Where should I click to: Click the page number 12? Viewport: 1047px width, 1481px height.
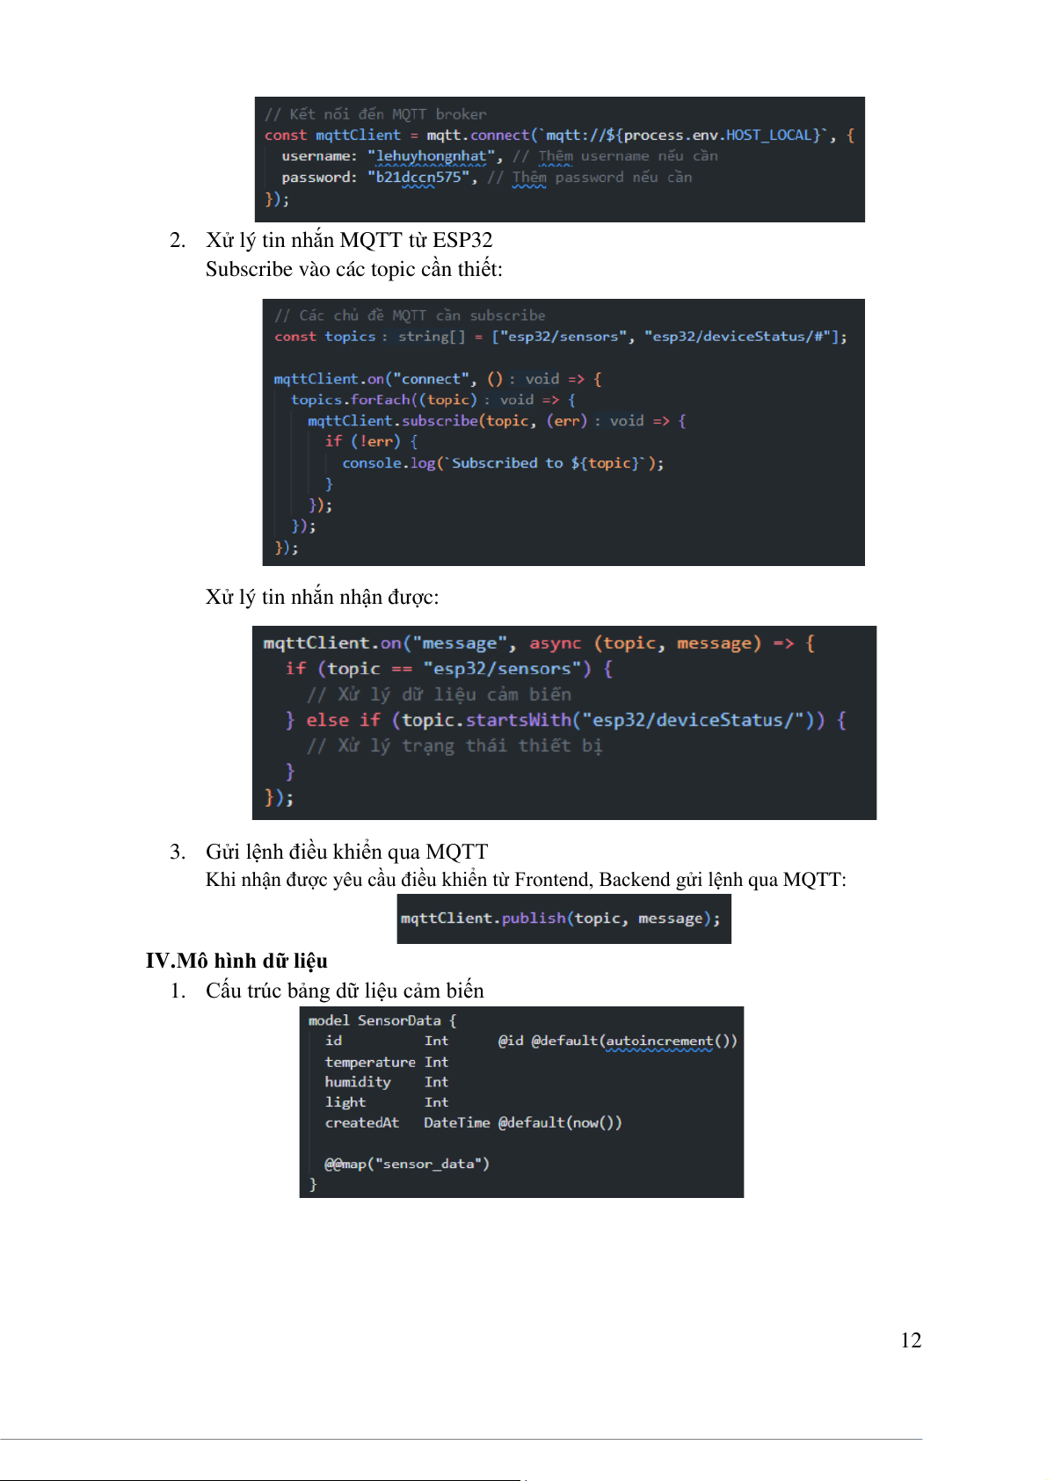click(x=911, y=1339)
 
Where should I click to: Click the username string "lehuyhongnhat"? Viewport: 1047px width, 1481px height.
click(x=431, y=156)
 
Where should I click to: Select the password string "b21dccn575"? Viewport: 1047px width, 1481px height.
click(x=418, y=178)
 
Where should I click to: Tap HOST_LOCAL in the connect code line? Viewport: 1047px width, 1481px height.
click(x=768, y=134)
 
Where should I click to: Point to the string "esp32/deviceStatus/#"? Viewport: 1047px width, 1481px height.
click(x=741, y=337)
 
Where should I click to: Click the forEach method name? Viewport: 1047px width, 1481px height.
click(x=381, y=399)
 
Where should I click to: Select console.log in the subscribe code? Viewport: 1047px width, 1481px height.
click(x=389, y=463)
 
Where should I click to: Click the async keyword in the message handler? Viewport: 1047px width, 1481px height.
click(x=555, y=643)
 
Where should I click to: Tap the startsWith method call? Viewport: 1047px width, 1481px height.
click(x=518, y=720)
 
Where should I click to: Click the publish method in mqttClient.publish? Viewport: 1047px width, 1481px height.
click(x=534, y=918)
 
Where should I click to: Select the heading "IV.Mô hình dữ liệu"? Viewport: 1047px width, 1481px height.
click(x=236, y=960)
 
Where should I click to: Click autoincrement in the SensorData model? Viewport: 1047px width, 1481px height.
click(x=659, y=1041)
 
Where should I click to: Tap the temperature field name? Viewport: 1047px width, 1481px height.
click(x=370, y=1062)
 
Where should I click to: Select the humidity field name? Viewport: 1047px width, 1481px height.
click(x=358, y=1082)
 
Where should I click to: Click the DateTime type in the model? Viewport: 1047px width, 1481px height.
click(x=456, y=1122)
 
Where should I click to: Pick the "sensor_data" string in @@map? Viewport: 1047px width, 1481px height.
click(x=429, y=1164)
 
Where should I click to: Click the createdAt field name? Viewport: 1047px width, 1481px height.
click(x=362, y=1122)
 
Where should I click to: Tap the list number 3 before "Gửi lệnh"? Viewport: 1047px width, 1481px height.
click(x=177, y=852)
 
